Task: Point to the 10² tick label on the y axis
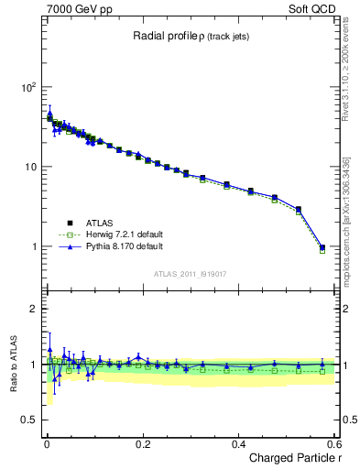point(27,87)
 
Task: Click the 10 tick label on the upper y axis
point(30,167)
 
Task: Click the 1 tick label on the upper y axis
point(33,247)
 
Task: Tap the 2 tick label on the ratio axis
point(33,309)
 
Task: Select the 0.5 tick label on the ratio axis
point(28,420)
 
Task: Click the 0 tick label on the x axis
point(46,444)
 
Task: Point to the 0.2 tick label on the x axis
point(142,444)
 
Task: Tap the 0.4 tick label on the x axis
point(238,444)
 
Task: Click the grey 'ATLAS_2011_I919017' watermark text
point(191,273)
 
